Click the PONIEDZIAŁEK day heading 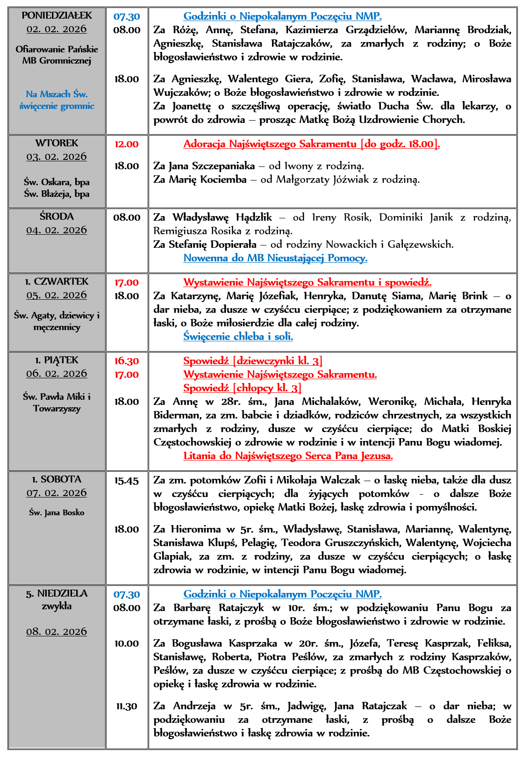(57, 15)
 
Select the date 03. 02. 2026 (57, 157)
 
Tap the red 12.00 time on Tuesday (127, 144)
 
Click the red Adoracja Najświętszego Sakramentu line (311, 144)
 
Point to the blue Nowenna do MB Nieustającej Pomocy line (275, 258)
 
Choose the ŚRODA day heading (57, 216)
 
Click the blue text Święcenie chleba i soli (238, 337)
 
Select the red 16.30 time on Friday (127, 361)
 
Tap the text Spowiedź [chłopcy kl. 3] (242, 388)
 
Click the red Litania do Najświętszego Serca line (288, 456)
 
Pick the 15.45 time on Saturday (127, 481)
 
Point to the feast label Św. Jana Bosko (57, 512)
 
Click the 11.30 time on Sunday (127, 706)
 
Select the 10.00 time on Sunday (127, 644)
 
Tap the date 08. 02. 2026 (57, 632)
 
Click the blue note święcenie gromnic (57, 106)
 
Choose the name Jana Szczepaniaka (212, 166)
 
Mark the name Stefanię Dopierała (212, 245)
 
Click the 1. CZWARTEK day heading (57, 281)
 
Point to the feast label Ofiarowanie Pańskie (57, 49)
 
